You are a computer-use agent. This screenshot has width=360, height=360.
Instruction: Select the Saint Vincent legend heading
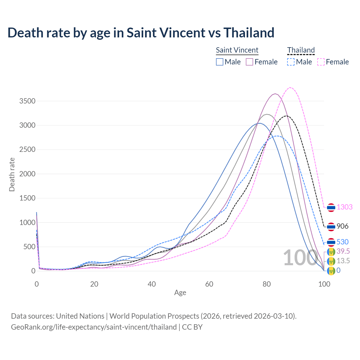click(x=237, y=50)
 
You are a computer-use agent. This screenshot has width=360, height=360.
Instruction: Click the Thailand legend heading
click(x=301, y=50)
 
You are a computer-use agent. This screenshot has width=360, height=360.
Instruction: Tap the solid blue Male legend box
click(x=220, y=62)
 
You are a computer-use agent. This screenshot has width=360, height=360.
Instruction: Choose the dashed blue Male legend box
click(x=291, y=62)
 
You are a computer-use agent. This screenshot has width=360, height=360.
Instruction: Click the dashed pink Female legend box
click(x=321, y=62)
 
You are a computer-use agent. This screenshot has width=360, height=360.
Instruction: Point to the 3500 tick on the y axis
click(x=27, y=101)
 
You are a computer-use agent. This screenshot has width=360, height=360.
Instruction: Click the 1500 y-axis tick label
click(x=27, y=198)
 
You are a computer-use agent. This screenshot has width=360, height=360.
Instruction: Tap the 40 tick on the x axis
click(x=152, y=284)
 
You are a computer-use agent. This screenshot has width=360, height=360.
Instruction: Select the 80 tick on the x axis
click(x=267, y=284)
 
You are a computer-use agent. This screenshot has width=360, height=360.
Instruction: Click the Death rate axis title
click(x=12, y=175)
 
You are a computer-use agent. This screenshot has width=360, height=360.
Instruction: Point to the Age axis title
click(x=180, y=293)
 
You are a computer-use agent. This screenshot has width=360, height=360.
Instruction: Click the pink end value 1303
click(x=345, y=207)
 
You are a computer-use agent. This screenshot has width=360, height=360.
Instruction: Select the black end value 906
click(x=342, y=226)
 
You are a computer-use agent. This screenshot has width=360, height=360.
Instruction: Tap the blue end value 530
click(x=342, y=242)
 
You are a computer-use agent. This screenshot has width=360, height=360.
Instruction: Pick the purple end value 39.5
click(x=343, y=251)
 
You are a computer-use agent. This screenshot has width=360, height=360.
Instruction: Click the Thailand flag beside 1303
click(x=331, y=208)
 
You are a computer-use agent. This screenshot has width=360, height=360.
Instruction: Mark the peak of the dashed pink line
click(x=290, y=87)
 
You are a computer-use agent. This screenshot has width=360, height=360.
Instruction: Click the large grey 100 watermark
click(x=300, y=258)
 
